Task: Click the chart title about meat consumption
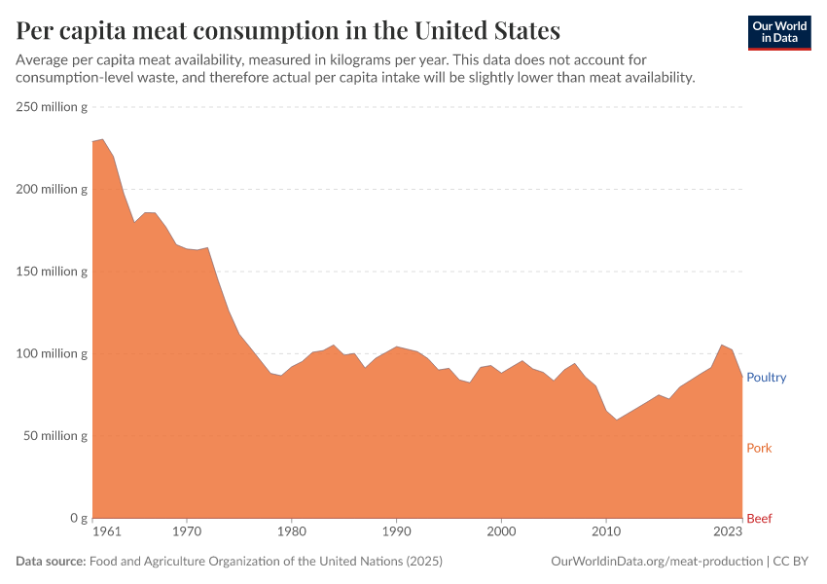288,30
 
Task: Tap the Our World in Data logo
778,32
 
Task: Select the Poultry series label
766,378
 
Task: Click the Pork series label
759,449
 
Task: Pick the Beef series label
759,519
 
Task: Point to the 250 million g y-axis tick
52,107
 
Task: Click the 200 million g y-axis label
52,189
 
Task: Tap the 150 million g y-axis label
52,272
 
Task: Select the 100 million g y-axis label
52,353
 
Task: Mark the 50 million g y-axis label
54,436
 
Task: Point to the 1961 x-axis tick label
106,533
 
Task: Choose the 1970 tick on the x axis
187,533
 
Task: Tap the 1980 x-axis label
291,533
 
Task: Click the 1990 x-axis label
396,533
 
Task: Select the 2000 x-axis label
501,533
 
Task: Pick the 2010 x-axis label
605,533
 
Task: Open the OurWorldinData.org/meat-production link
656,562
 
